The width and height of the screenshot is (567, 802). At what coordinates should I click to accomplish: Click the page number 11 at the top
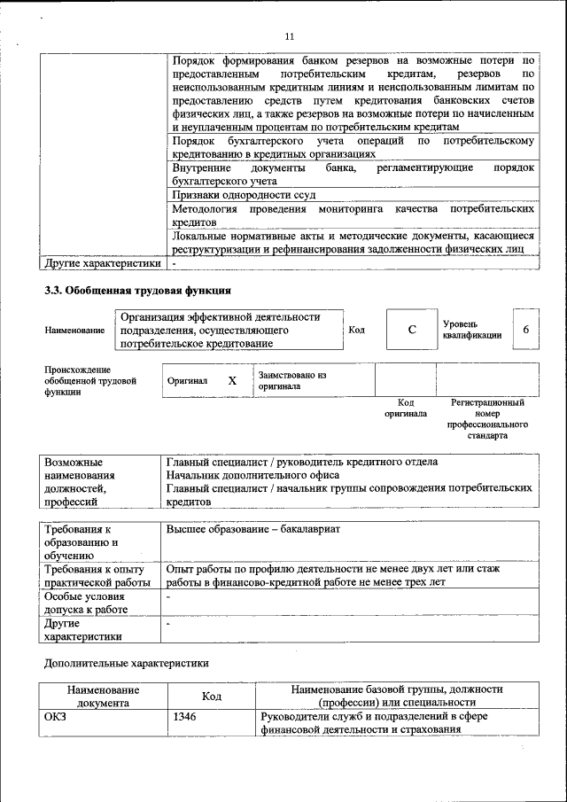pos(288,36)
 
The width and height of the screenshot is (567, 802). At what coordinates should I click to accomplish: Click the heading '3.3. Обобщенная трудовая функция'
pos(138,291)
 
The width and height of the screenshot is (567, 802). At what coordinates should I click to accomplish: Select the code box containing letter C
pos(411,330)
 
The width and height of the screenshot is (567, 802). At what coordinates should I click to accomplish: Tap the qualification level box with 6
pos(526,330)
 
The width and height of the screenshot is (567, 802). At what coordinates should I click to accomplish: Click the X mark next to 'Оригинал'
pos(232,380)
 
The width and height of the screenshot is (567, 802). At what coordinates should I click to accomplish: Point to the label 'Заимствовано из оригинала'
pos(292,380)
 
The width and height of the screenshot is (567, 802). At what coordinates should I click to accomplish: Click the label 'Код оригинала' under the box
pos(406,408)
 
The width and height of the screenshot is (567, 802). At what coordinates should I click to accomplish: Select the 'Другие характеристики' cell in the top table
pos(104,263)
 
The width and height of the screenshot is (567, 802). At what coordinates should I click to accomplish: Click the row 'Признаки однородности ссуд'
pos(244,193)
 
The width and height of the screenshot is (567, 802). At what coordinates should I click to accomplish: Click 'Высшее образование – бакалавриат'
pos(253,529)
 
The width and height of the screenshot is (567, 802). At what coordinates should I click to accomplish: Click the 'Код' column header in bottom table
pos(211,696)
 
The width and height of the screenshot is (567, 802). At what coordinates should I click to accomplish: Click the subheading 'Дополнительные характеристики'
pos(127,662)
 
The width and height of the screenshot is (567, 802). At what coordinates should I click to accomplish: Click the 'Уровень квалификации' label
pos(472,330)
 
